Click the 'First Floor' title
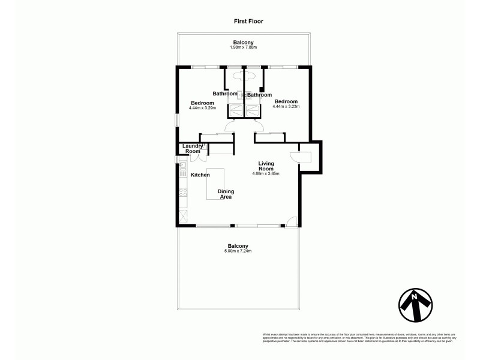click(x=248, y=21)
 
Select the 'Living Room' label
click(x=266, y=166)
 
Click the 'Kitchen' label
click(x=200, y=175)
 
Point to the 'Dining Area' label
click(x=226, y=194)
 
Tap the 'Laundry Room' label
click(x=193, y=148)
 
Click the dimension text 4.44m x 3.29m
click(x=202, y=108)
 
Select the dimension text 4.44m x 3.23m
click(x=286, y=106)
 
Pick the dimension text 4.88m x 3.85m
click(x=266, y=173)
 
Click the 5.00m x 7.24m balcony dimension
click(x=238, y=251)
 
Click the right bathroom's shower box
click(x=253, y=110)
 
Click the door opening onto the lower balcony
click(x=290, y=222)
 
